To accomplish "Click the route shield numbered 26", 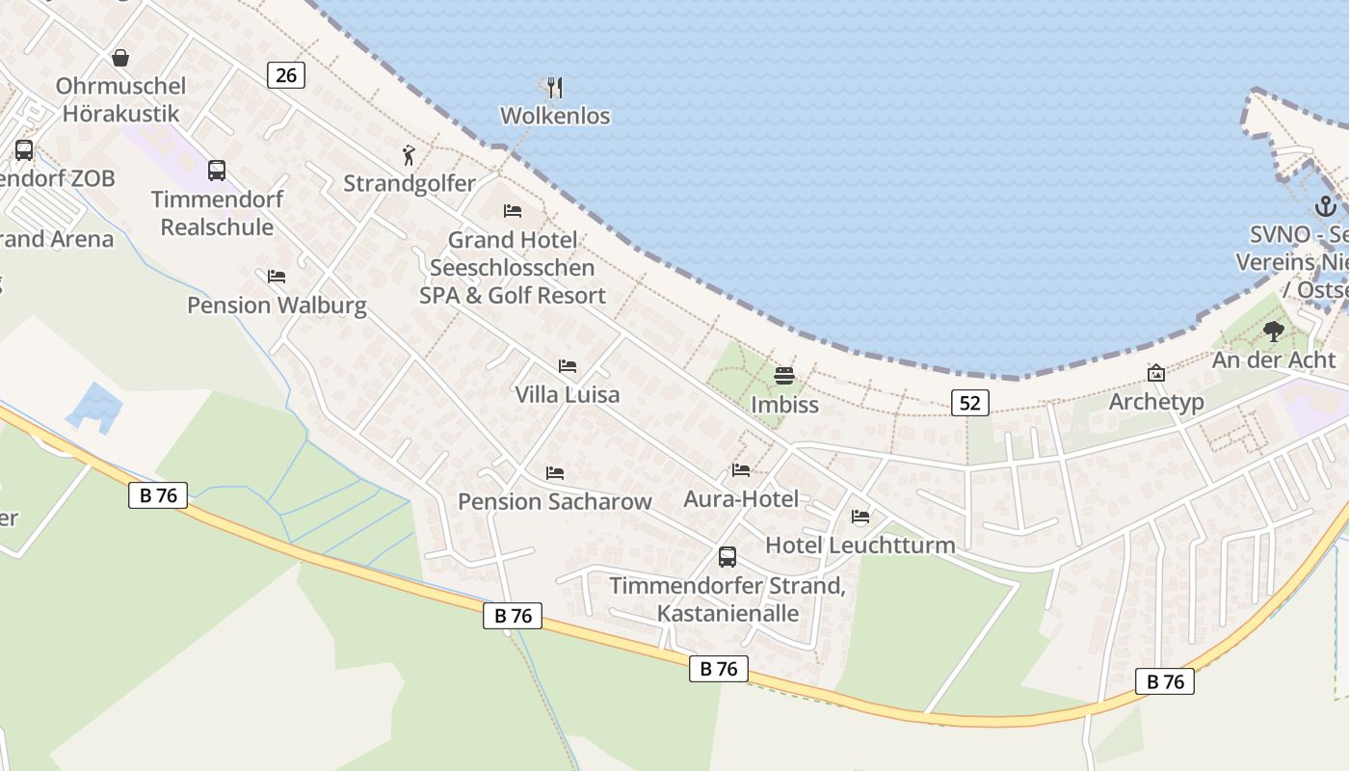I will [285, 74].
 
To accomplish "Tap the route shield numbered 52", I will [969, 403].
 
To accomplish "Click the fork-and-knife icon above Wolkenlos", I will [554, 88].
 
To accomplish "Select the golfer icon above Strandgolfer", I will [410, 154].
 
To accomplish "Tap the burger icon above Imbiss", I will [784, 376].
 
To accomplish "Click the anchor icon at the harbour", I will [1325, 205].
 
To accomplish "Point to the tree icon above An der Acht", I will [1274, 332].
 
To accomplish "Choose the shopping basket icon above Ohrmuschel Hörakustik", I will [120, 58].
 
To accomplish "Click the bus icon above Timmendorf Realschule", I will [217, 171].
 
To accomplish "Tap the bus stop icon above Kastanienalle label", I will [727, 557].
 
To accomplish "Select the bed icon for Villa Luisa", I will [568, 366].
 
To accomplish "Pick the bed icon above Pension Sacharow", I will [555, 473].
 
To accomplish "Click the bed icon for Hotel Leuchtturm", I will [860, 517].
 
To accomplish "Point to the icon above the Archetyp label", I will [1155, 373].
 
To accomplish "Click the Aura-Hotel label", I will [741, 498].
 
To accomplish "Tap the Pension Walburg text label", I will [277, 306].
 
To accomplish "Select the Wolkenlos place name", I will [555, 116].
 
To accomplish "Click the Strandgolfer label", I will [410, 183].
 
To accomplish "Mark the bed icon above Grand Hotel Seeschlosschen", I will [513, 211].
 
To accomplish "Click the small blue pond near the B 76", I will [93, 405].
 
